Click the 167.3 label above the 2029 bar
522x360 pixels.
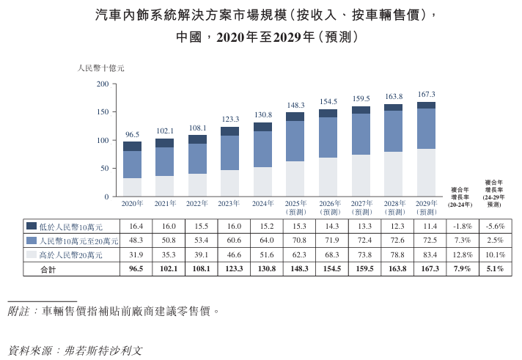click(426, 95)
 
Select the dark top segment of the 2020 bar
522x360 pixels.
click(132, 147)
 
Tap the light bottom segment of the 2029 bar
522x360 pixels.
click(426, 172)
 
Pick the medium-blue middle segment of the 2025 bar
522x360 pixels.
click(295, 141)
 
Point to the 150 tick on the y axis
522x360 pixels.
click(102, 112)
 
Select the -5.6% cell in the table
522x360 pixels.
click(495, 226)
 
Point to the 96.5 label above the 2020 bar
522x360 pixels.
click(132, 134)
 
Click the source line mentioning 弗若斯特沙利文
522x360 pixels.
click(73, 350)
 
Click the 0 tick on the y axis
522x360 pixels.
click(106, 196)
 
